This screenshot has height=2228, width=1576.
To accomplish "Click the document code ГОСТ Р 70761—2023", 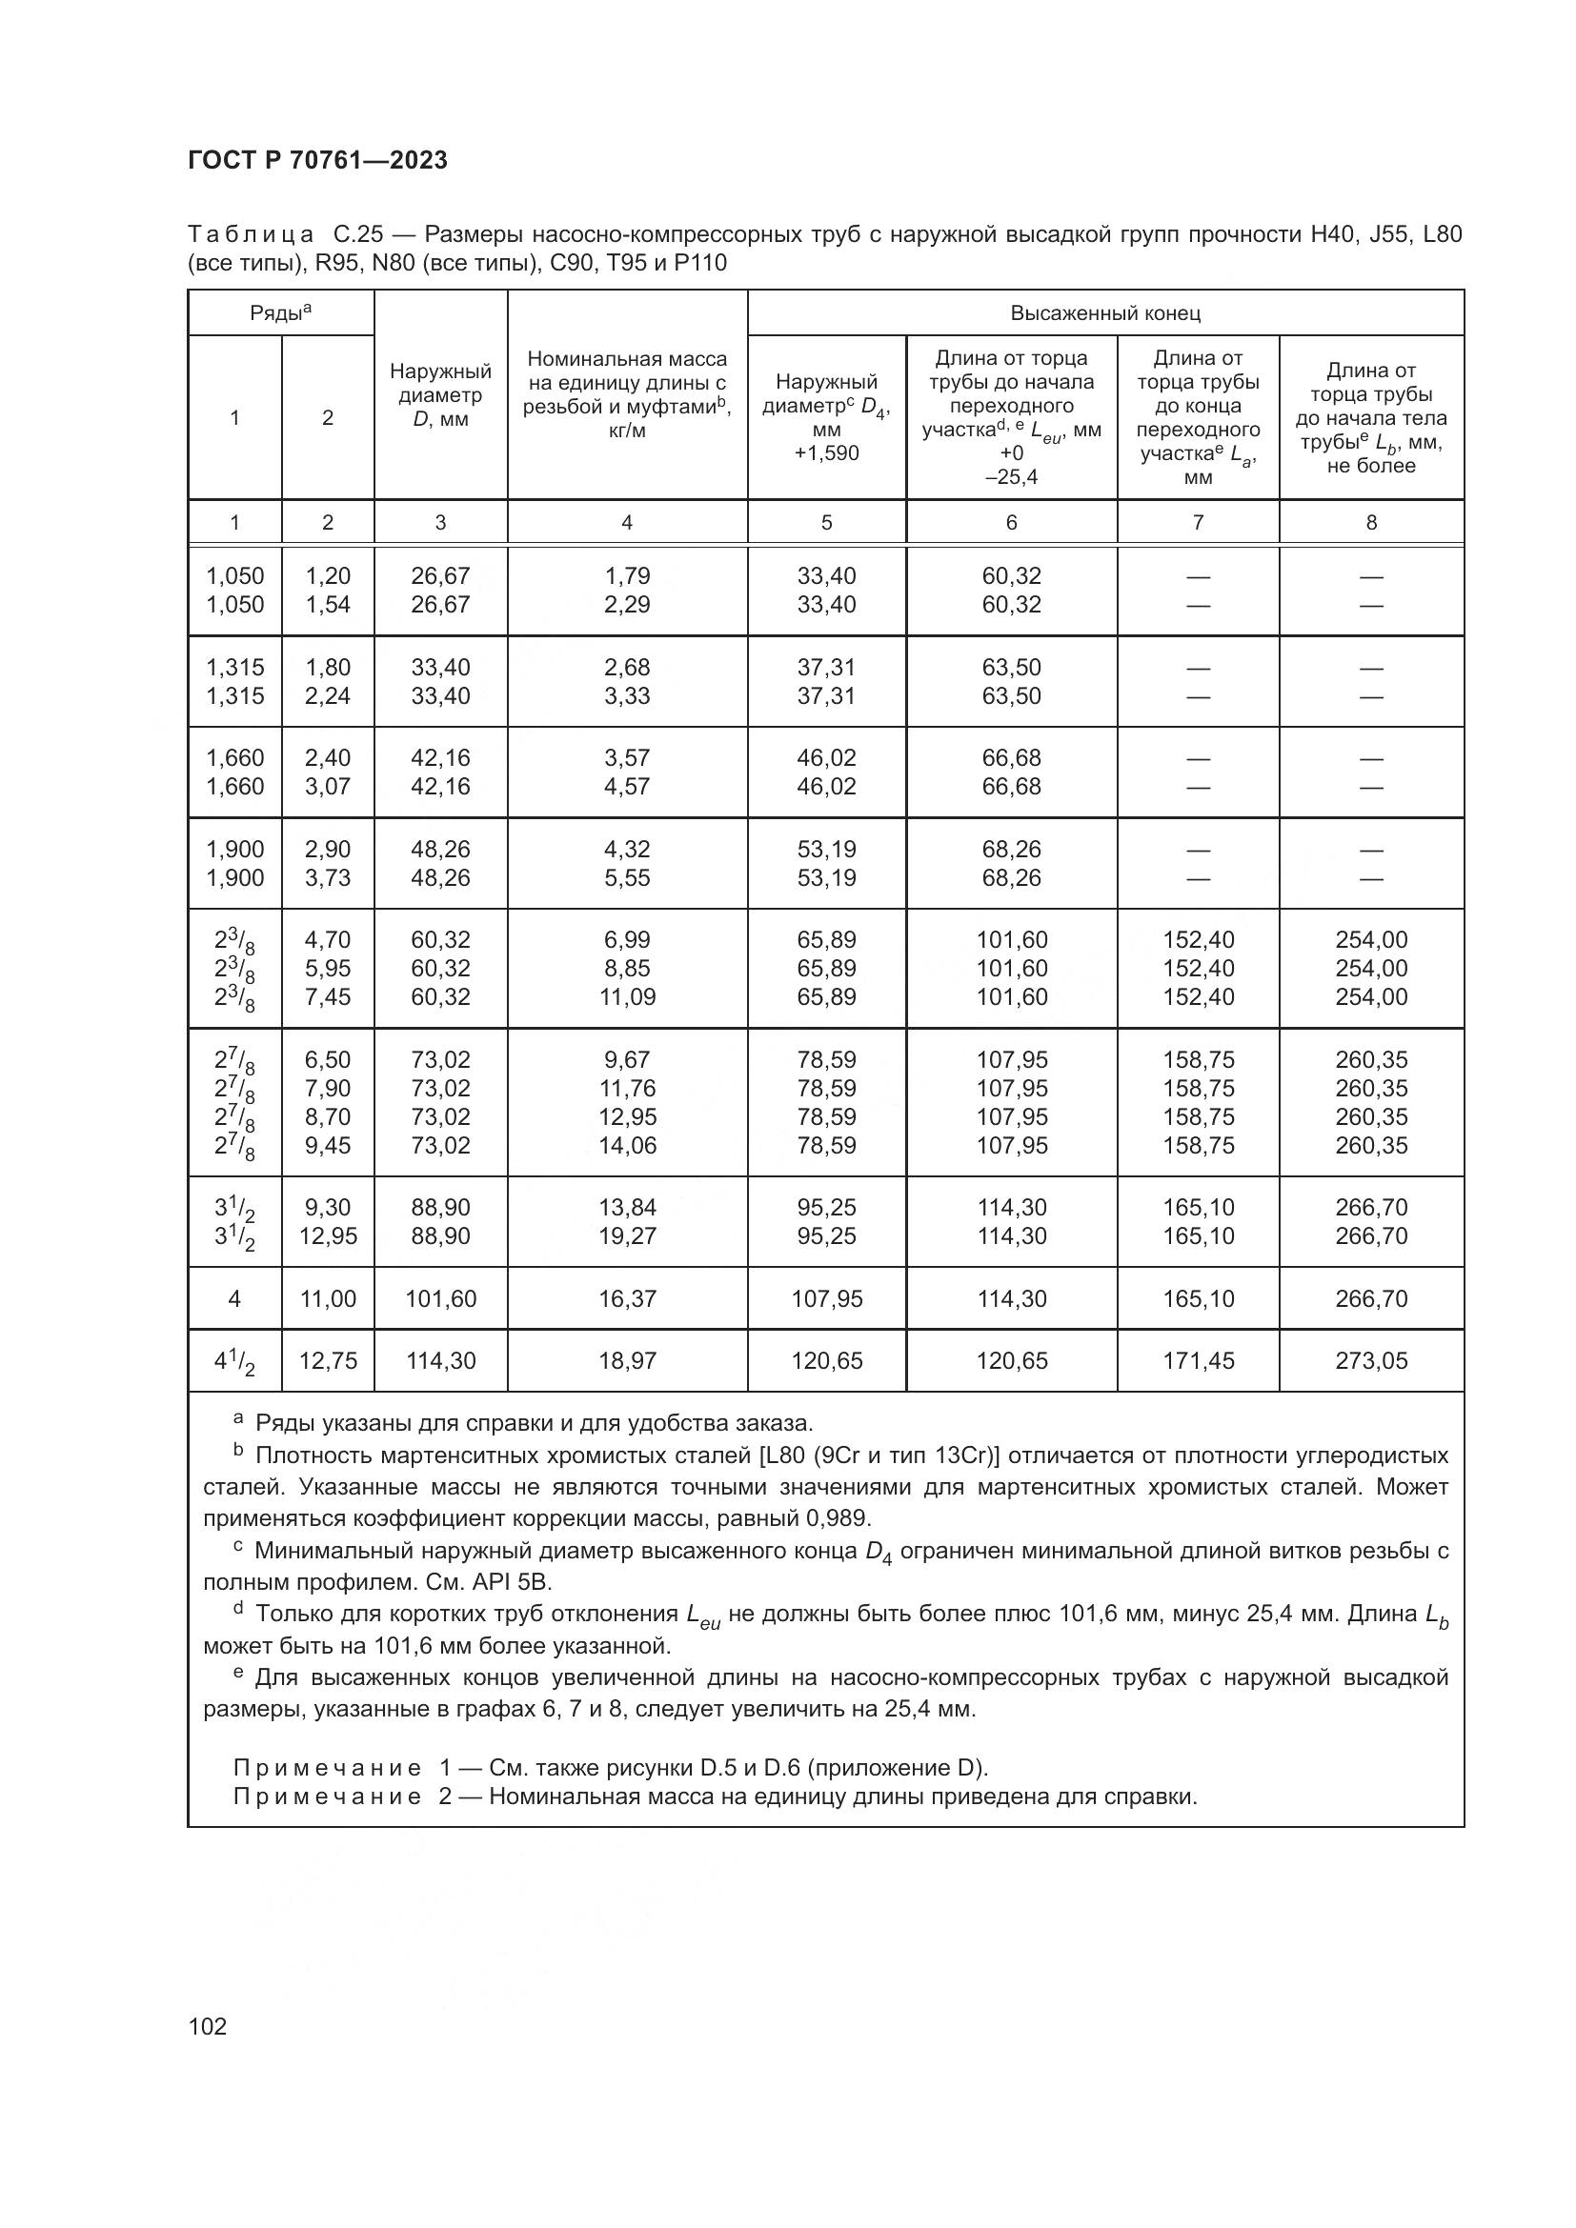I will tap(317, 160).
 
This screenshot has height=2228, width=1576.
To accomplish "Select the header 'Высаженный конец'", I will tap(1104, 313).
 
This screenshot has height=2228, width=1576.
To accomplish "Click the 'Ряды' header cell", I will tap(280, 312).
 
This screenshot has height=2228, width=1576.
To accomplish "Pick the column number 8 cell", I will tap(1370, 522).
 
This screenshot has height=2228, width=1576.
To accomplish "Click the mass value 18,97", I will tap(627, 1360).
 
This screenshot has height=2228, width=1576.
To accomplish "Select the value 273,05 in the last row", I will tap(1370, 1360).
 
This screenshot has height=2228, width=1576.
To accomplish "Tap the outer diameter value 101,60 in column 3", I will tap(439, 1298).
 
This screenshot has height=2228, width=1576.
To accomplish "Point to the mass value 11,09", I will tap(627, 996).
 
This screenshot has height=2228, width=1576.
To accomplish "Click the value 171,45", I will tap(1198, 1360).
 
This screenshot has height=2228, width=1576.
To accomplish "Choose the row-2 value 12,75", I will tap(327, 1360).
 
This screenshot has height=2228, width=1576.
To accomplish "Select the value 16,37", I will tap(627, 1298).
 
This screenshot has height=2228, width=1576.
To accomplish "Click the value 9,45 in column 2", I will tap(327, 1145).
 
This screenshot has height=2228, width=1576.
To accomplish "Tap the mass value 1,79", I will tap(627, 575).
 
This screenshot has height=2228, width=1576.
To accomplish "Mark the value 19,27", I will tap(627, 1235).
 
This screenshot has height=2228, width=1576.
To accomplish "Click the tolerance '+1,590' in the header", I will tap(826, 453).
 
